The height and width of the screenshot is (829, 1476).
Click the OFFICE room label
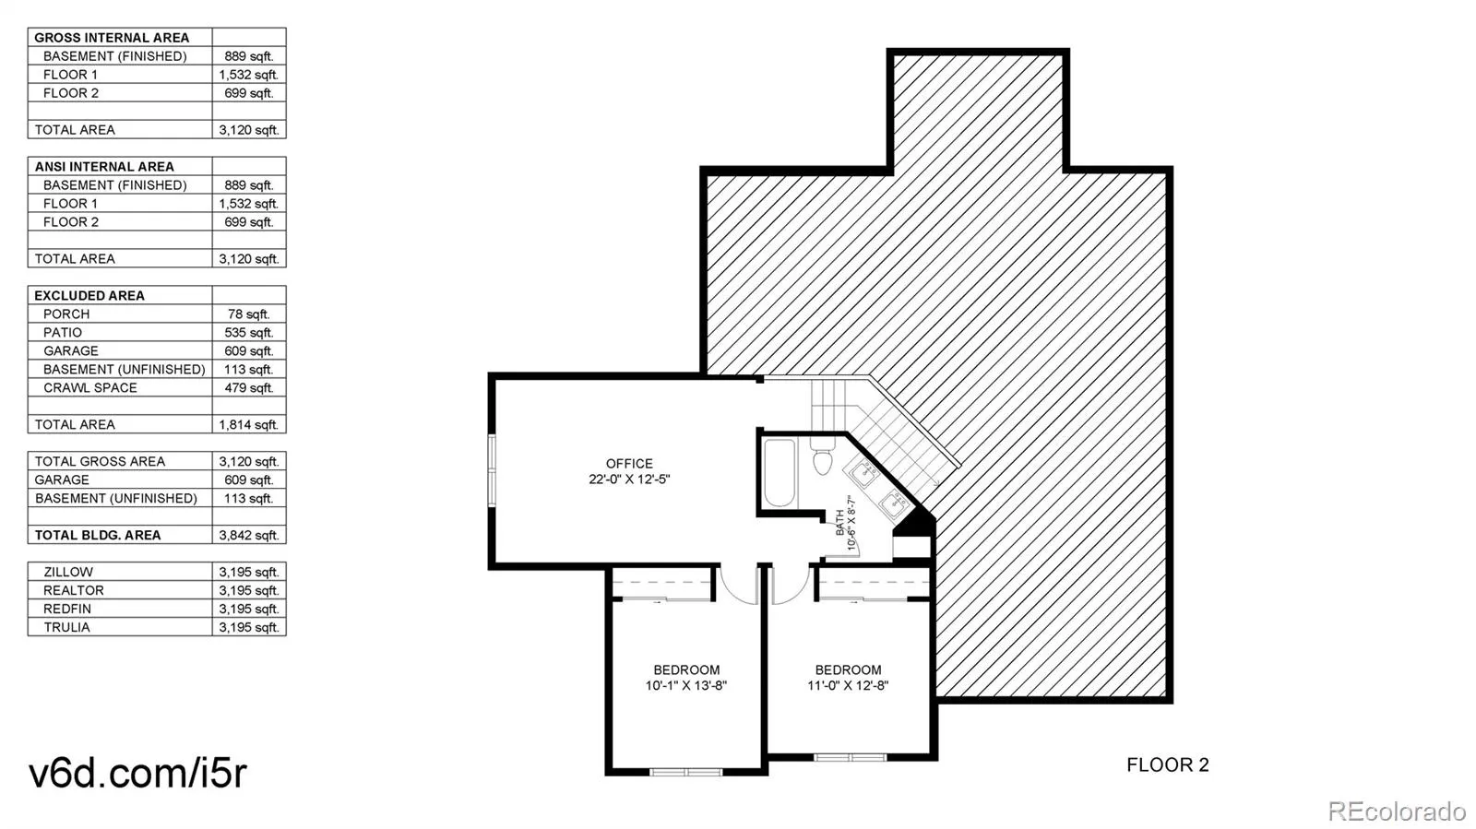click(x=629, y=464)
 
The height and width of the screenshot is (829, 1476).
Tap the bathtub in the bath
click(x=780, y=473)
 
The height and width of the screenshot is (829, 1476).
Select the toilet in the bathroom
click(x=822, y=456)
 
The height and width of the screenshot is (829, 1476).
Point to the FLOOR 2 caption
click(x=1168, y=765)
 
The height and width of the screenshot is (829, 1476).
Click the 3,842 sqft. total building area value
click(x=249, y=536)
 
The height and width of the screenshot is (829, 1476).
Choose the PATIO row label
click(x=63, y=333)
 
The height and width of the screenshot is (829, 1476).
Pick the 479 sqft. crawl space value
click(x=249, y=388)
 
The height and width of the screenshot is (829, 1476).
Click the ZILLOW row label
click(x=68, y=573)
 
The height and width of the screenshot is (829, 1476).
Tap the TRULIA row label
click(x=66, y=627)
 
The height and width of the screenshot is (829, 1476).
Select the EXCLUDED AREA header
click(x=89, y=296)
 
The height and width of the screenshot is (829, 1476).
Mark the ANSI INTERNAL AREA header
click(x=104, y=167)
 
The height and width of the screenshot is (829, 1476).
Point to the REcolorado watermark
click(x=1397, y=811)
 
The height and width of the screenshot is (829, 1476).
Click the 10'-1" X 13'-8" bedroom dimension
click(x=686, y=685)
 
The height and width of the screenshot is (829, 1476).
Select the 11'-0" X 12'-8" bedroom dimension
click(x=848, y=685)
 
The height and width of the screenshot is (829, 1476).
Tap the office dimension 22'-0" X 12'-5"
click(x=629, y=480)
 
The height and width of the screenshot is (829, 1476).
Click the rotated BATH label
click(x=840, y=522)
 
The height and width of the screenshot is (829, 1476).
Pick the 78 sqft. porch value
click(x=249, y=314)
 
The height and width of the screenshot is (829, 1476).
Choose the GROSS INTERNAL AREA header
click(x=112, y=38)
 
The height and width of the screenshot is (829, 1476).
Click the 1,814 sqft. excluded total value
click(x=249, y=425)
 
